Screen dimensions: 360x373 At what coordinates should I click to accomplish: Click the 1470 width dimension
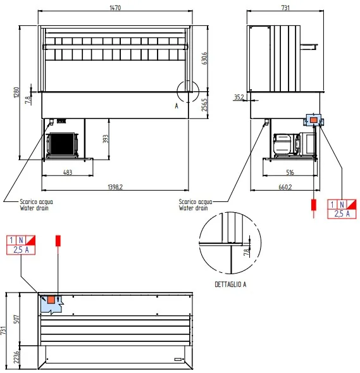point(115,8)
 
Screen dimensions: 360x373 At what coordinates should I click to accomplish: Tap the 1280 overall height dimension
point(16,92)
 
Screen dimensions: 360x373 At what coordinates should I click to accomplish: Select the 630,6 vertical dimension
point(204,58)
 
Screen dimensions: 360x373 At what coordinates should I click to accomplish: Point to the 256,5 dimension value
point(204,105)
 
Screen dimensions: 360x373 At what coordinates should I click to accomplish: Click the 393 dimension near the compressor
point(106,139)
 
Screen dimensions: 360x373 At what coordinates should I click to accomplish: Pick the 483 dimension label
point(68,172)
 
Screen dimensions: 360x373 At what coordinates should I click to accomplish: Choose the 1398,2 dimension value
point(115,187)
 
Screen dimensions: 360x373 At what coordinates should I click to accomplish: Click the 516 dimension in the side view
point(290,172)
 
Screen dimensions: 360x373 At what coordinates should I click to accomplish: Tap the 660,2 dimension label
point(285,187)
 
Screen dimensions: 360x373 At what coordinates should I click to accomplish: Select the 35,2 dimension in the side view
point(239,97)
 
